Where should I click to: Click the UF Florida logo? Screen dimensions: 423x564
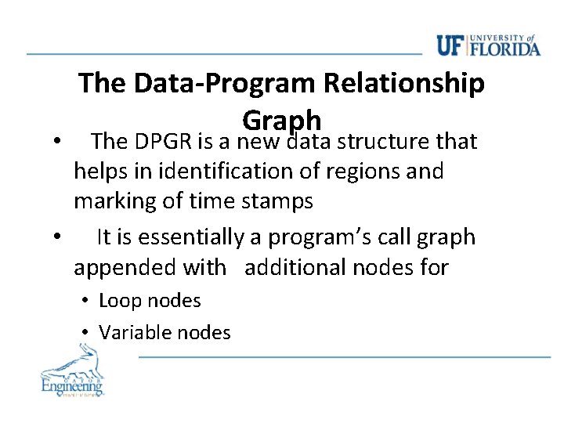(489, 45)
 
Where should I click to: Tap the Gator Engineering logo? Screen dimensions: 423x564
(72, 374)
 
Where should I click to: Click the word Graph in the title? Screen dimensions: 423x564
(282, 119)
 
